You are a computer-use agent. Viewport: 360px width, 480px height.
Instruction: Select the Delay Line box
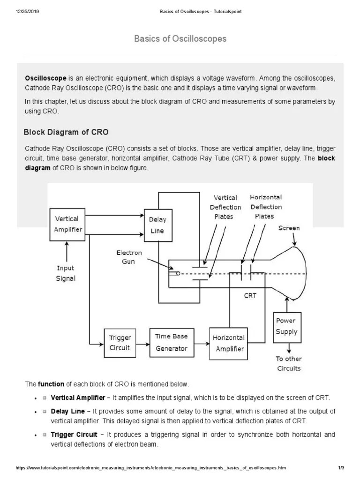pyautogui.click(x=157, y=225)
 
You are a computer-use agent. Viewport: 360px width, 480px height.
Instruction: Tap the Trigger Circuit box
pyautogui.click(x=120, y=343)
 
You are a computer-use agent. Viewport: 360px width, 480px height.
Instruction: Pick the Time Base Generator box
pyautogui.click(x=171, y=342)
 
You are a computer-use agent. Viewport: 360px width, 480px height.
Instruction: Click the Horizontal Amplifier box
pyautogui.click(x=229, y=343)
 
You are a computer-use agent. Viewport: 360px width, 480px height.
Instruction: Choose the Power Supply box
pyautogui.click(x=286, y=327)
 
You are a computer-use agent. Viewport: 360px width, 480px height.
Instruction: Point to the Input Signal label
pyautogui.click(x=66, y=273)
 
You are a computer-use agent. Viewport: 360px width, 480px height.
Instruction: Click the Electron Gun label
pyautogui.click(x=129, y=257)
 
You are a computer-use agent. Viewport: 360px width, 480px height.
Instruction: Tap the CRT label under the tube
pyautogui.click(x=250, y=296)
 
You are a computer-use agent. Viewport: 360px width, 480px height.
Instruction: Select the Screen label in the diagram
pyautogui.click(x=289, y=228)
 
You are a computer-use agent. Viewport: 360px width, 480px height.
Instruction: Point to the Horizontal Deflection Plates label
pyautogui.click(x=266, y=207)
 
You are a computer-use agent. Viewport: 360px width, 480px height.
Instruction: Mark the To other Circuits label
pyautogui.click(x=288, y=363)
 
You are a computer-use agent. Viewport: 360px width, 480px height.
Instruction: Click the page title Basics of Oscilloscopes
pyautogui.click(x=180, y=38)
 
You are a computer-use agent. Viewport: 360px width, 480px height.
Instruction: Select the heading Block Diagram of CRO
pyautogui.click(x=66, y=132)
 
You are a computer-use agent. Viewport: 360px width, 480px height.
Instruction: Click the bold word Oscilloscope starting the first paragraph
pyautogui.click(x=46, y=78)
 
